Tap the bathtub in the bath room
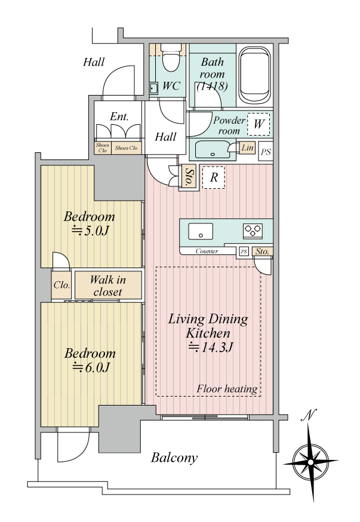tap(255, 75)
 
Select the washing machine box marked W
tap(259, 124)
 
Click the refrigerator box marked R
tap(214, 177)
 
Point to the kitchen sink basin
tap(201, 231)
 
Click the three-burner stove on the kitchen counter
tap(253, 231)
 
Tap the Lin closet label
tap(247, 148)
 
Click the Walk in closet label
tap(108, 285)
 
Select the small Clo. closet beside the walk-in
tap(61, 285)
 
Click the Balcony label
tap(174, 457)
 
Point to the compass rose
tap(311, 462)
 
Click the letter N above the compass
tap(309, 415)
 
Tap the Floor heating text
tap(227, 388)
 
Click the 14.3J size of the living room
tap(211, 347)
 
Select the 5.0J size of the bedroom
tap(91, 231)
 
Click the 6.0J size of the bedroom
tap(91, 367)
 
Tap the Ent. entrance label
tap(119, 116)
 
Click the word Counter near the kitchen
tap(207, 251)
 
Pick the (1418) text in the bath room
tap(213, 86)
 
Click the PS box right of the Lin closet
tap(266, 152)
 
